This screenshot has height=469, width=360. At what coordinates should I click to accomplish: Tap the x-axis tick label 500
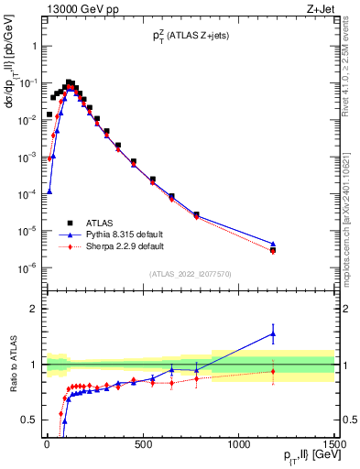coord(143,445)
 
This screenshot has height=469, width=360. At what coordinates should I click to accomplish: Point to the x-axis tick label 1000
coord(238,445)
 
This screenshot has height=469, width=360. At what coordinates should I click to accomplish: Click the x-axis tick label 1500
coord(334,445)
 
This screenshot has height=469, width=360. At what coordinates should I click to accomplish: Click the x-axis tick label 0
coord(47,445)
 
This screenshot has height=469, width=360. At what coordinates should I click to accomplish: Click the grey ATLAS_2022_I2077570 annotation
coord(190,273)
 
